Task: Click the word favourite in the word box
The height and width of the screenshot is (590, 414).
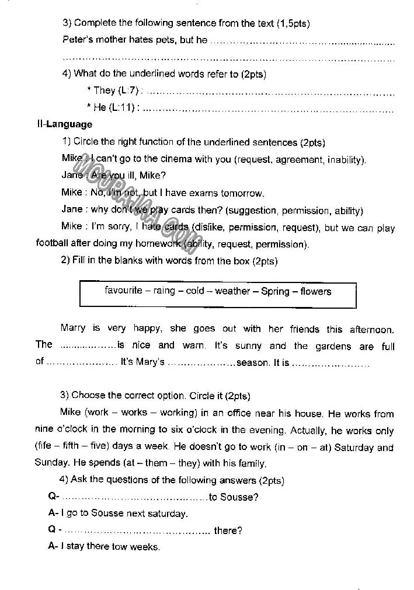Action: click(x=123, y=291)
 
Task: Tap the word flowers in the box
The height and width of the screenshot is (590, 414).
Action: click(x=315, y=291)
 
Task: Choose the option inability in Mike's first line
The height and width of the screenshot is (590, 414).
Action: click(x=346, y=159)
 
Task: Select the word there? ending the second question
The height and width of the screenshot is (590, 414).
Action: click(x=228, y=530)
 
